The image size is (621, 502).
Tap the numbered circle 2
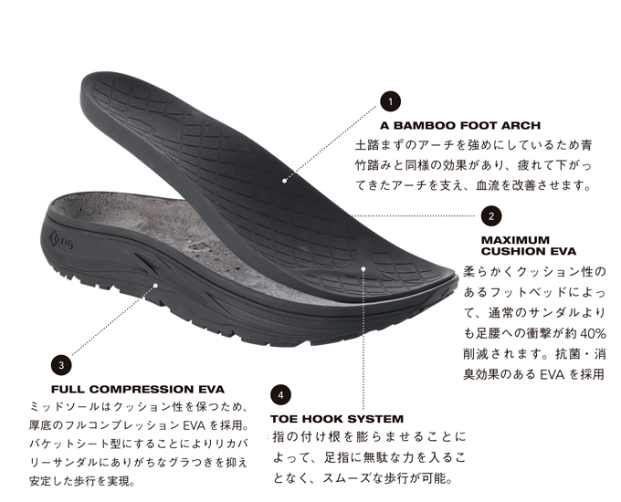[491, 216]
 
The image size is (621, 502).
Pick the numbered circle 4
[280, 396]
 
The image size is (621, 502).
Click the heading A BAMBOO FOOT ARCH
[460, 125]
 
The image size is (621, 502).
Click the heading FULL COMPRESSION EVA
[131, 388]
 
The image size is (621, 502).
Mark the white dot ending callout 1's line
[285, 180]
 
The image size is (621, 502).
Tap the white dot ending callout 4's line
[363, 269]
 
